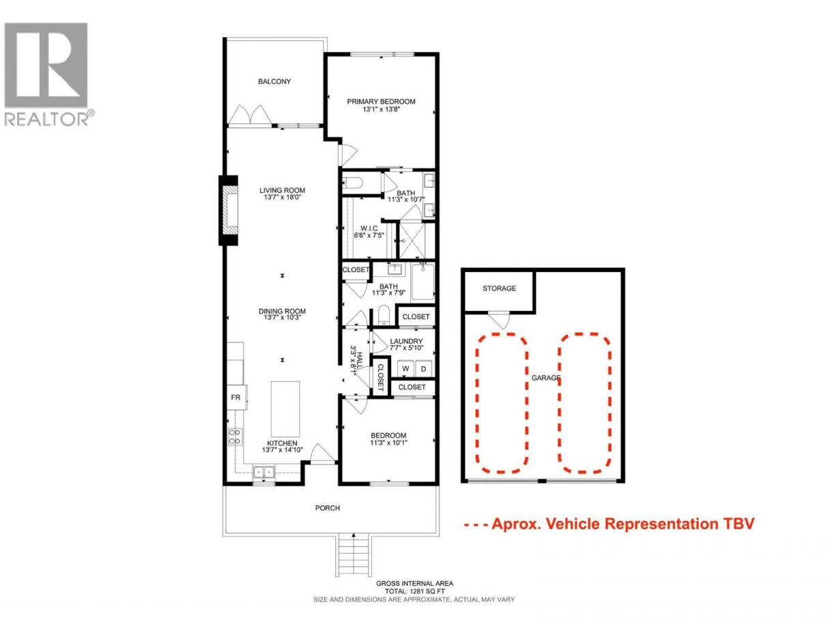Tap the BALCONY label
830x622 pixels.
[274, 81]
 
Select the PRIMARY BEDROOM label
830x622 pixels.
[381, 101]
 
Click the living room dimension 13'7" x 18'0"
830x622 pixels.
[282, 196]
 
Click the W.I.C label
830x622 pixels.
[369, 228]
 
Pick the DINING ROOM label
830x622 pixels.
[282, 311]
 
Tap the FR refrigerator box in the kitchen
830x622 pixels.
[237, 398]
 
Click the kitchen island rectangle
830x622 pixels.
[285, 409]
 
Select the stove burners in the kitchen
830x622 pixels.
[235, 436]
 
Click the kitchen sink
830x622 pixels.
[263, 472]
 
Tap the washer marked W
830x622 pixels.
[405, 368]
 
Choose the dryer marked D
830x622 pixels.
[423, 368]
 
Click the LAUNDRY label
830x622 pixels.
[406, 341]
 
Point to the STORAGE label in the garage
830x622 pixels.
[499, 288]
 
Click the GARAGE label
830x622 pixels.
[545, 378]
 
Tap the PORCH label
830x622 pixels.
[328, 508]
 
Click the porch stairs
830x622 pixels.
[353, 556]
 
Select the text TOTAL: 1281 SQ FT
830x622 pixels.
[414, 591]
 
